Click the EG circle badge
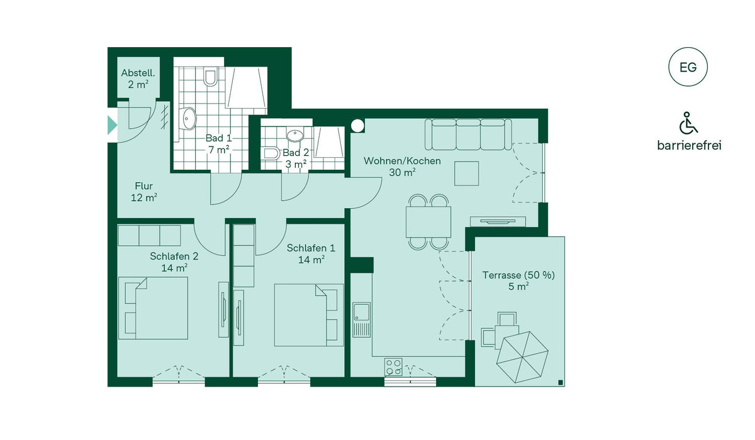tap(688, 67)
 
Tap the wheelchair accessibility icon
tap(688, 123)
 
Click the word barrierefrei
tap(690, 146)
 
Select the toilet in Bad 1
tap(211, 77)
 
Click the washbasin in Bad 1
tap(187, 118)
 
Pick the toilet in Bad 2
tap(272, 153)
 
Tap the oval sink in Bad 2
tap(295, 135)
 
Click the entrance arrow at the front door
tap(112, 125)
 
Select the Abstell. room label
tap(138, 79)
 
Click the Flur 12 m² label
tap(144, 192)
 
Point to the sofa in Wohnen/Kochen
tap(468, 134)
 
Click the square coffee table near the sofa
tap(466, 173)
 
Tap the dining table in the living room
tap(428, 222)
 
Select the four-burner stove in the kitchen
tap(393, 367)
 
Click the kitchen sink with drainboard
tap(361, 319)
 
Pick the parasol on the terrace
tap(522, 357)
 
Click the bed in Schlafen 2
tap(153, 308)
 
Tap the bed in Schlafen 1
tap(309, 315)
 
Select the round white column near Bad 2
tap(357, 126)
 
